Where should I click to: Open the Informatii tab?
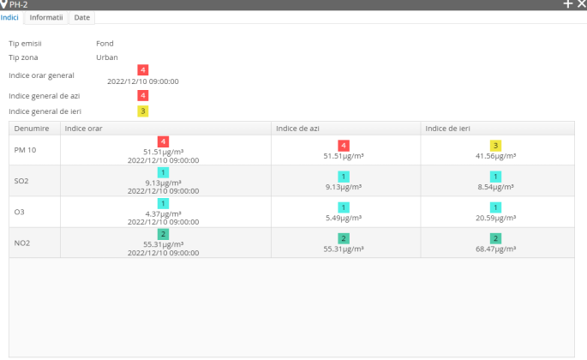tap(46, 17)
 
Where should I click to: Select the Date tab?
tap(82, 17)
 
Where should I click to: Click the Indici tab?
tap(11, 17)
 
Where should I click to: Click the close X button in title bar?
tap(581, 5)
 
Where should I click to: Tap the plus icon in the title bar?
tap(567, 5)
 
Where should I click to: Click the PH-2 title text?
tap(20, 5)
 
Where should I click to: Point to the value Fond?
tap(105, 43)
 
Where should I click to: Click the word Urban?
tap(107, 57)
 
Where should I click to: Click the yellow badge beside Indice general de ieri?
tap(143, 111)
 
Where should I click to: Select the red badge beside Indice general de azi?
tap(143, 95)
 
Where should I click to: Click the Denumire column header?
tap(32, 128)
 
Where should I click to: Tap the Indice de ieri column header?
tap(448, 128)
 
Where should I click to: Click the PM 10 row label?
tap(26, 150)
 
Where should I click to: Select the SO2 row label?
tap(22, 180)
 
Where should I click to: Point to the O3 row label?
tap(20, 210)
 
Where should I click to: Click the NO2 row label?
tap(23, 241)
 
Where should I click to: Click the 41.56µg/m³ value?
tap(496, 157)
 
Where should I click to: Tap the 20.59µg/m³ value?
tap(496, 218)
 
